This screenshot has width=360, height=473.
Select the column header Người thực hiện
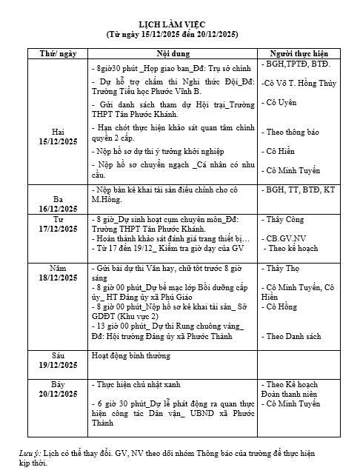[x=299, y=54]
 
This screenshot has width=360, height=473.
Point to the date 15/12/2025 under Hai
[x=58, y=141]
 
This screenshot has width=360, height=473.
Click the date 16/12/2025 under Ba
[x=58, y=209]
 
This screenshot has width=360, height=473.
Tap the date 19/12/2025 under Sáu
[x=58, y=366]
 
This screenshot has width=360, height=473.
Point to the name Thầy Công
[x=284, y=220]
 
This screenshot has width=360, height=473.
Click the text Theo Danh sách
[x=293, y=336]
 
